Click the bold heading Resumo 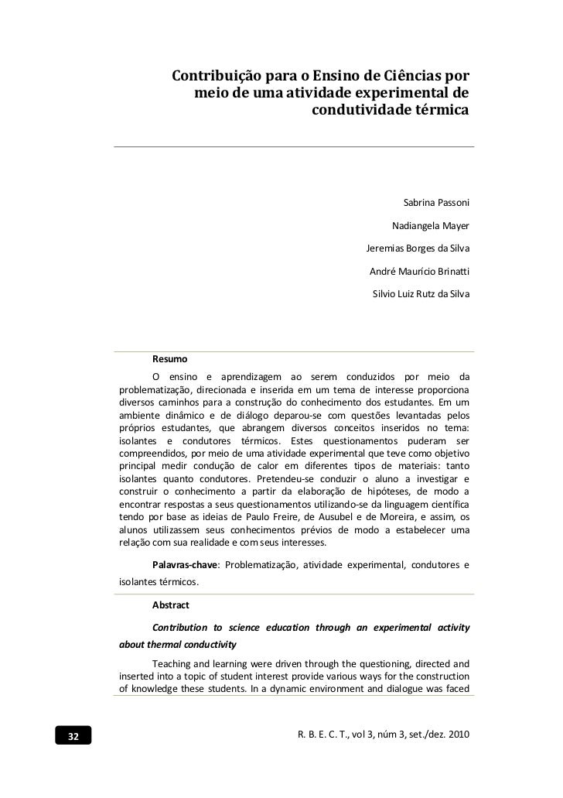coord(169,360)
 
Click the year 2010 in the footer coord(456,733)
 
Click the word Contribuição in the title coord(217,78)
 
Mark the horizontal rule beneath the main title coord(294,146)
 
